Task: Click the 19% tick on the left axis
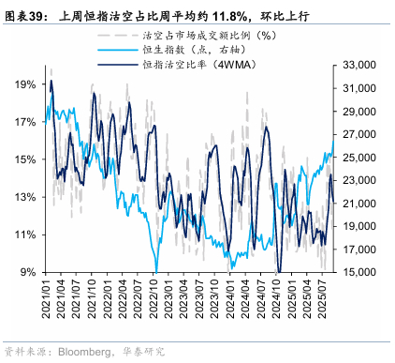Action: pyautogui.click(x=25, y=84)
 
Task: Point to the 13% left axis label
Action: pyautogui.click(x=25, y=197)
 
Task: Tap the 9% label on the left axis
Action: pyautogui.click(x=28, y=272)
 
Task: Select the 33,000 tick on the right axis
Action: pyautogui.click(x=359, y=65)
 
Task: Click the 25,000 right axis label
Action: pyautogui.click(x=359, y=158)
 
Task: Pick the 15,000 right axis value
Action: pyautogui.click(x=359, y=272)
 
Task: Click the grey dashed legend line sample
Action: pyautogui.click(x=118, y=36)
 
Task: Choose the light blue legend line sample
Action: pyautogui.click(x=118, y=50)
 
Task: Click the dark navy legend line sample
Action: pyautogui.click(x=118, y=65)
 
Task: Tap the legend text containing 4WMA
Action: pyautogui.click(x=199, y=65)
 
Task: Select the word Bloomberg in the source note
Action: pyautogui.click(x=84, y=352)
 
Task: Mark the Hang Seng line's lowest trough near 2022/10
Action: pyautogui.click(x=156, y=272)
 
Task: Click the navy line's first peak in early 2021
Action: pyautogui.click(x=51, y=81)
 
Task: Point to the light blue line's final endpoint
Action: pyautogui.click(x=333, y=141)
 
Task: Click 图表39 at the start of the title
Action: pyautogui.click(x=23, y=16)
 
